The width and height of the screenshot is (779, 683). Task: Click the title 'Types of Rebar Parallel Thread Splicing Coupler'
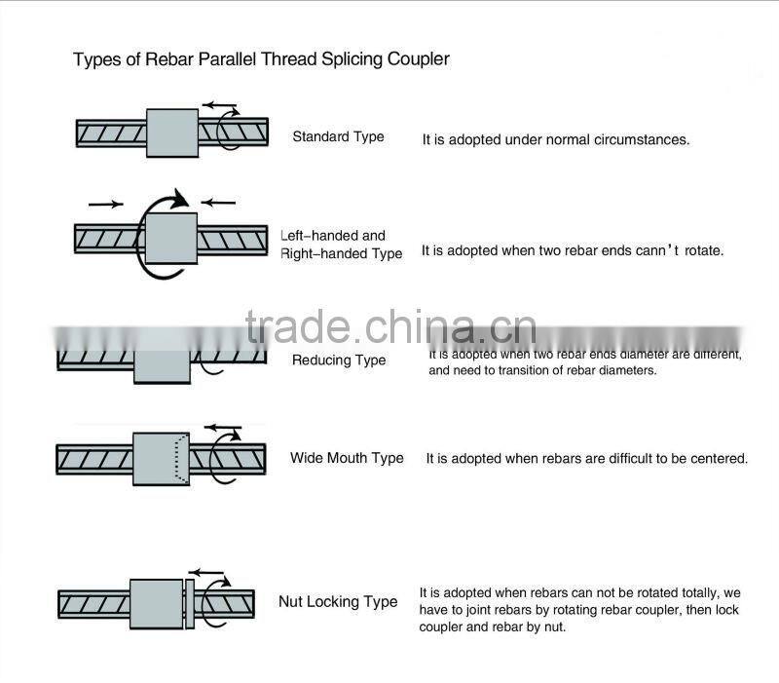pos(261,59)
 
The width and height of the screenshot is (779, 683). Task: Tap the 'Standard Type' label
pos(338,136)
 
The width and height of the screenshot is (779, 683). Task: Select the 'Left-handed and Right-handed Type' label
pos(340,245)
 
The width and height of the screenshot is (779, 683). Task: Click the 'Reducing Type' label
pos(339,360)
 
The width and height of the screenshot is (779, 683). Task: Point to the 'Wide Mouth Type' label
pos(347,458)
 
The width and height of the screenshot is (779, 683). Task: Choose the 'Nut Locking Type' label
pos(338,602)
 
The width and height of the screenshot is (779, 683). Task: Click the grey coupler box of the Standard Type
pos(172,133)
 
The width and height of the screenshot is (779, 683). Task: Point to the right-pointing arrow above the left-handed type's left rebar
pos(105,204)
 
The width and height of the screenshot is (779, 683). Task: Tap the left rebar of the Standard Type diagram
pos(111,132)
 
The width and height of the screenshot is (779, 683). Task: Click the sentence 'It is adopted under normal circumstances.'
pos(555,139)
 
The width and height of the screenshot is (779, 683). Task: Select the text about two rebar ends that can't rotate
pos(572,250)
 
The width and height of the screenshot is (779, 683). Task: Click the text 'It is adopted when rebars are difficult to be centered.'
pos(586,458)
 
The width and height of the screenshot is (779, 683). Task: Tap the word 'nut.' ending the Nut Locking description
pos(551,627)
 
